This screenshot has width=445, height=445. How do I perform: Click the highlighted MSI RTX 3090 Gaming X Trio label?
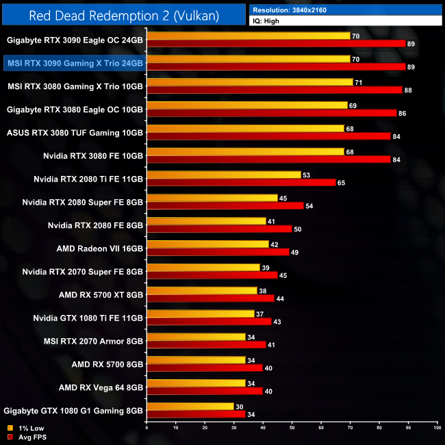pyautogui.click(x=75, y=63)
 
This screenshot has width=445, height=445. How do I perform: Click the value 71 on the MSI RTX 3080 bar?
pyautogui.click(x=358, y=82)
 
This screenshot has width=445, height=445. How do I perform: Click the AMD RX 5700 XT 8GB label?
pyautogui.click(x=101, y=294)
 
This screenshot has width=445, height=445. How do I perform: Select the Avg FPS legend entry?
pyautogui.click(x=27, y=437)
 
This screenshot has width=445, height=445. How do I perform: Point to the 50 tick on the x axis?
pyautogui.click(x=292, y=427)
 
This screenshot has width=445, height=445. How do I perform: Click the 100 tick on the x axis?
pyautogui.click(x=436, y=427)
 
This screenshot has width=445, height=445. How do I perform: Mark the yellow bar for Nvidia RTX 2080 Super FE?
pyautogui.click(x=212, y=198)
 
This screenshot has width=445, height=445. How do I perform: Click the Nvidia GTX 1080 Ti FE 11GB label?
pyautogui.click(x=88, y=318)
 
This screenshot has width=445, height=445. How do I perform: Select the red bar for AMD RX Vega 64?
pyautogui.click(x=205, y=391)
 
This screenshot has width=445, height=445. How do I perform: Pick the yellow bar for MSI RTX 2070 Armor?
pyautogui.click(x=196, y=337)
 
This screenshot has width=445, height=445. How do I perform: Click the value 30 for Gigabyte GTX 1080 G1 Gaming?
pyautogui.click(x=239, y=406)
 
